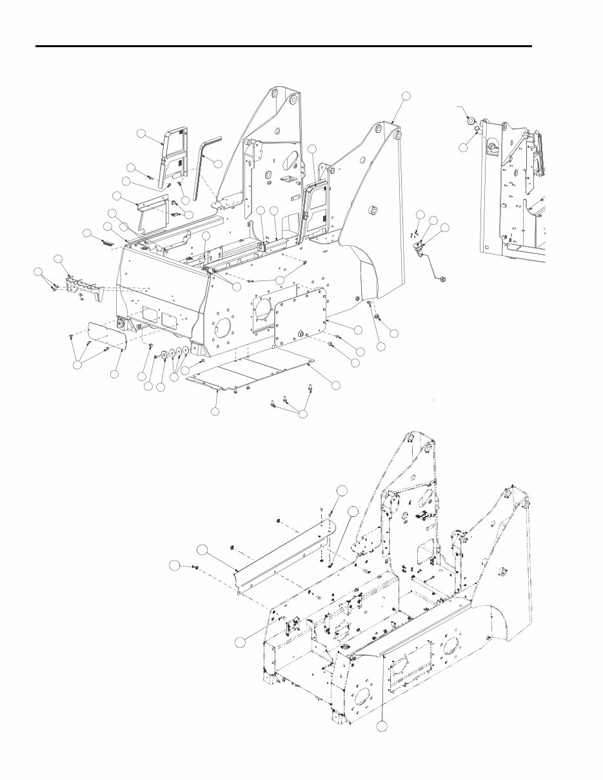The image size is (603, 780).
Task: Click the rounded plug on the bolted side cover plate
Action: pos(302,333)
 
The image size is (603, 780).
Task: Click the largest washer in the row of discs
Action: pos(164,354)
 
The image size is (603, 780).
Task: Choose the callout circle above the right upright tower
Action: pos(406,96)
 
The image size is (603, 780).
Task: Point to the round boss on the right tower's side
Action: pos(373,210)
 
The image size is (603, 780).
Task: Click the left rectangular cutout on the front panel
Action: pos(148,316)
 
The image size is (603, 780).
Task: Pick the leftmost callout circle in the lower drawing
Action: pos(173,565)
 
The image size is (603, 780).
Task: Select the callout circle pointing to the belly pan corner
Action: pos(336,384)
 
